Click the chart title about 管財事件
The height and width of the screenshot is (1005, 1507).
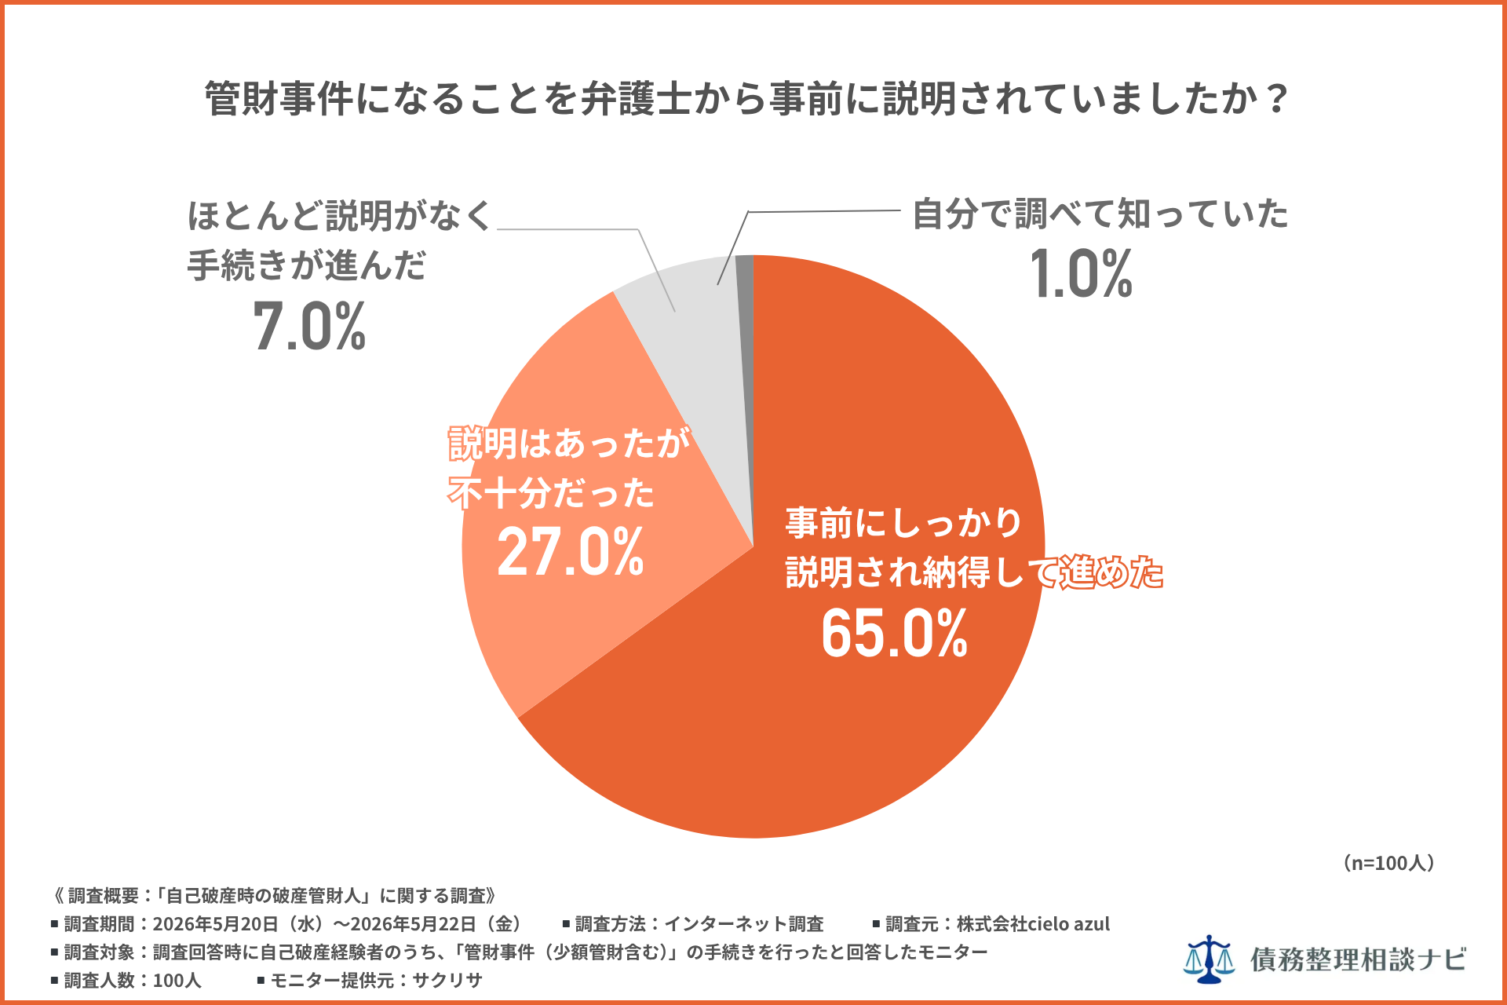(746, 99)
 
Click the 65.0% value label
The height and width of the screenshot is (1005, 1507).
(894, 634)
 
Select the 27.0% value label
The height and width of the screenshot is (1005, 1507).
(571, 552)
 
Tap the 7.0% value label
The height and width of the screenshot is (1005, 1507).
(309, 326)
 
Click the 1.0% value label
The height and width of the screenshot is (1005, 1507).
(1081, 274)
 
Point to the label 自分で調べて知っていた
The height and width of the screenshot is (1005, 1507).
(1100, 214)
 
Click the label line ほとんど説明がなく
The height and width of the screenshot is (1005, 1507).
(339, 215)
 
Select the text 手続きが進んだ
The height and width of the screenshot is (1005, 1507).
(306, 265)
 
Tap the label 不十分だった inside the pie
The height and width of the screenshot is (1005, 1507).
(551, 494)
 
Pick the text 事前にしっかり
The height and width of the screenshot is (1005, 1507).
(903, 522)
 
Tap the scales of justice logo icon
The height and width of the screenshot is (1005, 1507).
(1209, 959)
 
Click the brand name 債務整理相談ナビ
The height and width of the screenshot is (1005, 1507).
(1359, 959)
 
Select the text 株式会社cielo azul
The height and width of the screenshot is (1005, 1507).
(1033, 924)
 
